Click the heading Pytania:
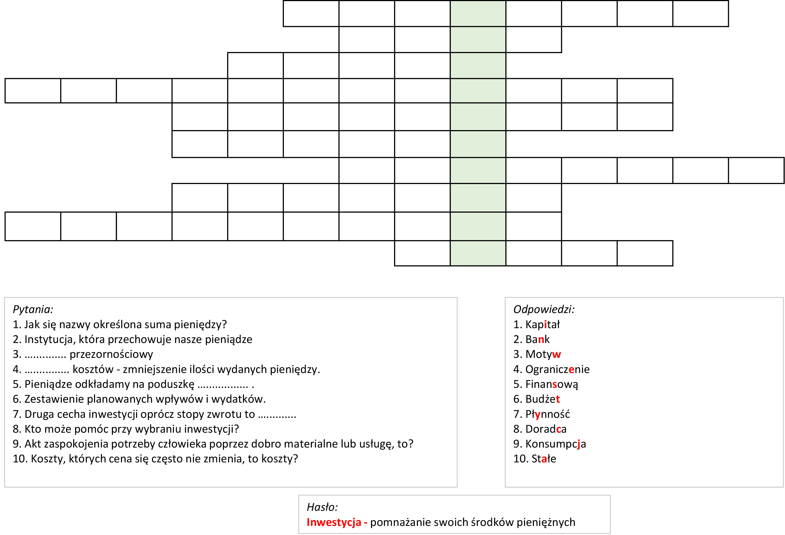pyautogui.click(x=33, y=309)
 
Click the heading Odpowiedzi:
pyautogui.click(x=543, y=309)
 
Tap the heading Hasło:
pyautogui.click(x=322, y=507)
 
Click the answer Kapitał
pyautogui.click(x=542, y=325)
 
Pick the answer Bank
pyautogui.click(x=537, y=339)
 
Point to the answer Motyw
pyautogui.click(x=543, y=354)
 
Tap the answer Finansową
pyautogui.click(x=552, y=385)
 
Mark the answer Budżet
pyautogui.click(x=542, y=399)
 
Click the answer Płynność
pyautogui.click(x=547, y=414)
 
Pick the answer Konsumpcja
pyautogui.click(x=555, y=444)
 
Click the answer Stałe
pyautogui.click(x=543, y=459)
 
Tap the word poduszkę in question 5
pyautogui.click(x=171, y=385)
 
